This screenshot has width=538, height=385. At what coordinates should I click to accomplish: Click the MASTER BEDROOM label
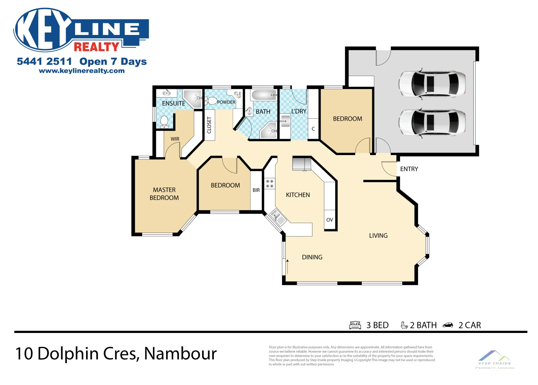click(x=164, y=194)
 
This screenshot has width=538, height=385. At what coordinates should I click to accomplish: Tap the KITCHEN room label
click(x=298, y=195)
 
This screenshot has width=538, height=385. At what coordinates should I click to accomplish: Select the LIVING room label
click(x=378, y=236)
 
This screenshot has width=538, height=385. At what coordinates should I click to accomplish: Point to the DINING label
click(x=312, y=257)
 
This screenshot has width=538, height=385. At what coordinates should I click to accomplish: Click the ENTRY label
click(x=409, y=169)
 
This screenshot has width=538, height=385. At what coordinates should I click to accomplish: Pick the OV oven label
click(x=329, y=220)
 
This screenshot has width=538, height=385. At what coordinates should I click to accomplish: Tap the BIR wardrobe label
click(x=256, y=190)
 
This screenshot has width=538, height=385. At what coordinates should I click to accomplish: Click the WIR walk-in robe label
click(x=175, y=139)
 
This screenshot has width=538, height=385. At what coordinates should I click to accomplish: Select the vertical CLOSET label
click(x=209, y=125)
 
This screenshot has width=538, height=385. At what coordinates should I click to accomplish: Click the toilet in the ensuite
click(x=164, y=121)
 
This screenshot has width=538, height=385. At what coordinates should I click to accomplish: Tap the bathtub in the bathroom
click(x=264, y=95)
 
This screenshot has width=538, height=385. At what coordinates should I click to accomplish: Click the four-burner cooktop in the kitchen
click(x=270, y=184)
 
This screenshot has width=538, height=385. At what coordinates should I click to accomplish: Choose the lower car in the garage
click(x=432, y=122)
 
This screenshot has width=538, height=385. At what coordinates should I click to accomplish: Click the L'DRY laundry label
click(x=299, y=111)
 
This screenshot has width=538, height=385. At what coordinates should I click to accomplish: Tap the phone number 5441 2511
click(x=44, y=61)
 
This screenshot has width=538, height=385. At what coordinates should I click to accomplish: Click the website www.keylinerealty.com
click(x=81, y=71)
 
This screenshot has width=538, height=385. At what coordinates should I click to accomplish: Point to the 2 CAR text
click(x=469, y=325)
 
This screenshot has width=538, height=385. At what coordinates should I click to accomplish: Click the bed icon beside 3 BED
click(x=355, y=325)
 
